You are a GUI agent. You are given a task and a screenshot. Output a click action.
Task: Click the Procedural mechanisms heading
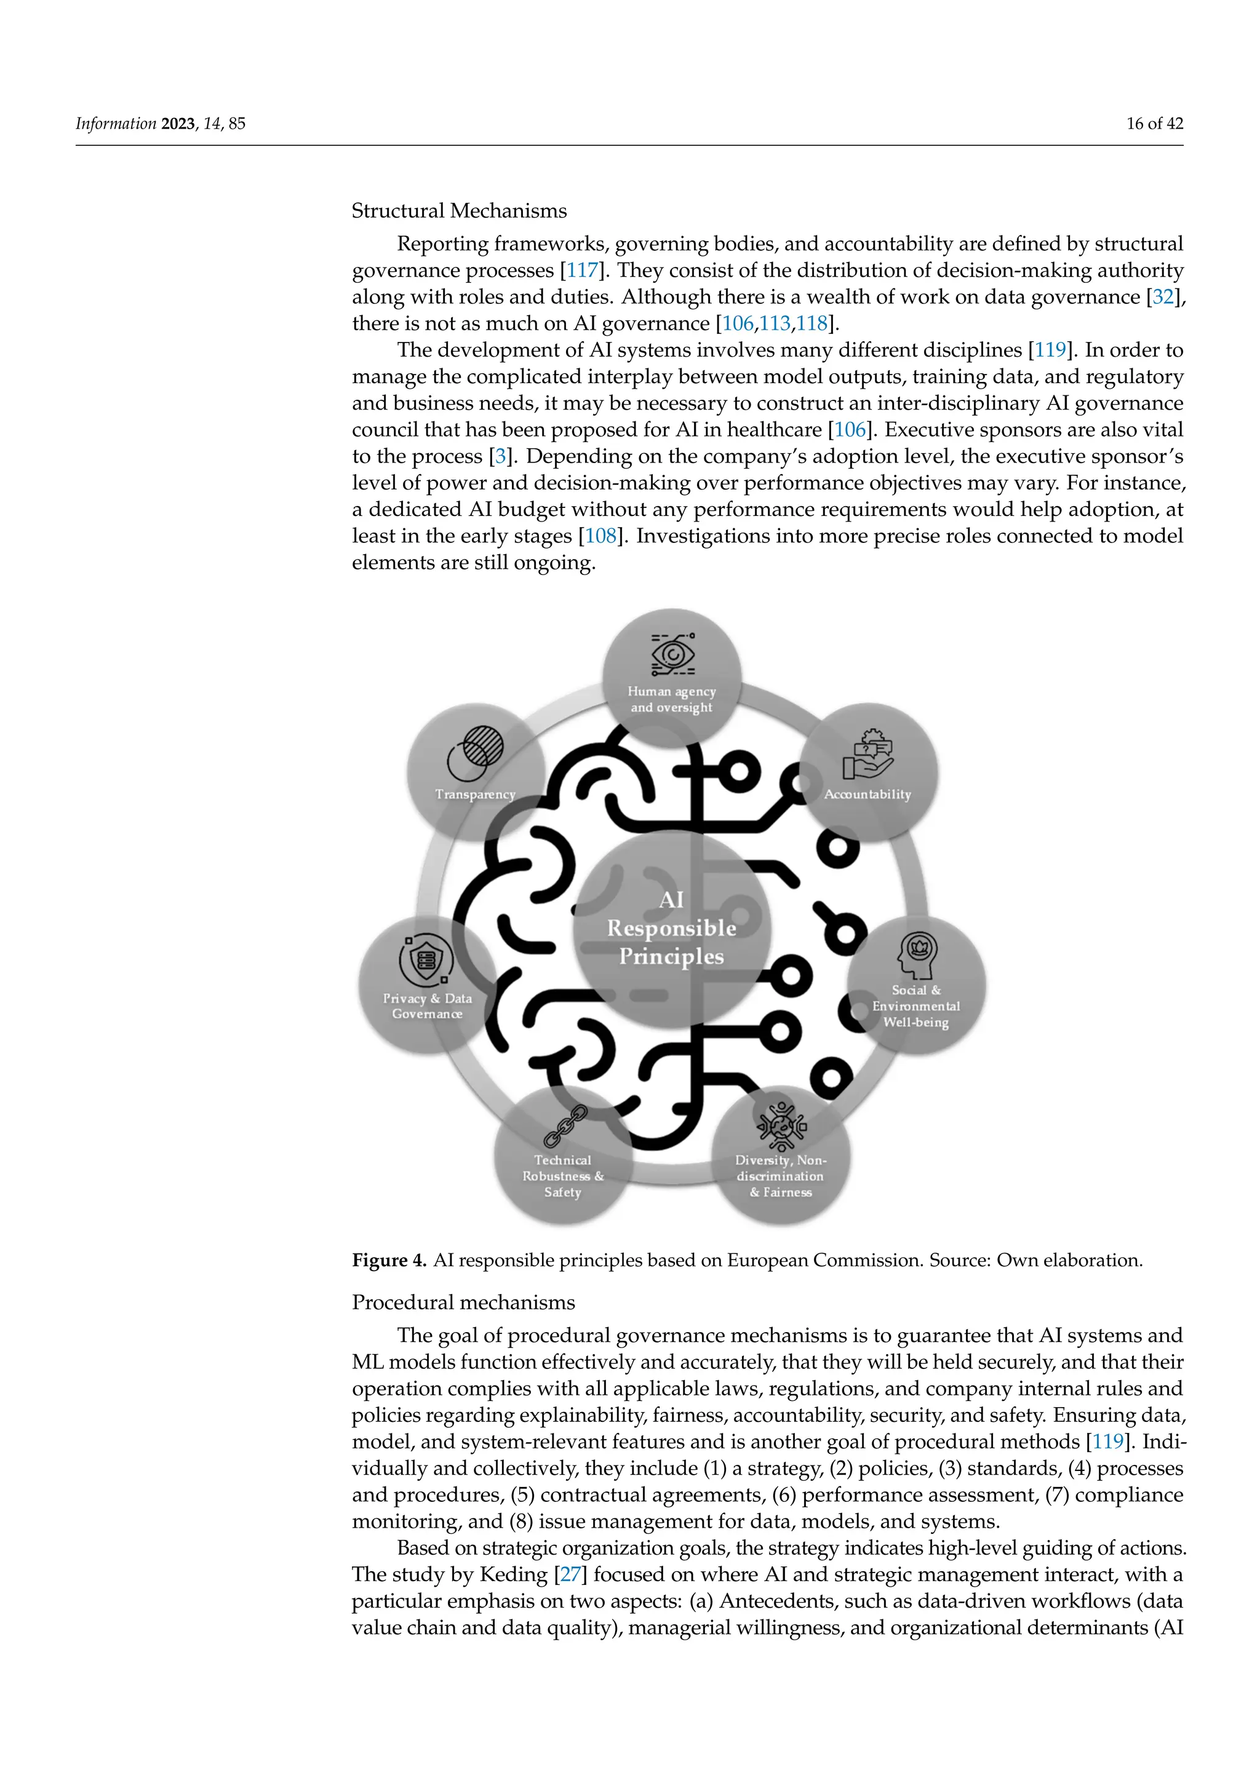(463, 1302)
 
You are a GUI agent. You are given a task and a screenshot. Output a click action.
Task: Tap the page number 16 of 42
(1154, 124)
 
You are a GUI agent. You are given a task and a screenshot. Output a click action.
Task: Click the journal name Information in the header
(116, 124)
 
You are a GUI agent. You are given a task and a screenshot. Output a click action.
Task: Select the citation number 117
(582, 270)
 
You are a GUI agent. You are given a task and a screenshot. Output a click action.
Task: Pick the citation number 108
(600, 536)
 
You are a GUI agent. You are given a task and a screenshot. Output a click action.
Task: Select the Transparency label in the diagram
(475, 795)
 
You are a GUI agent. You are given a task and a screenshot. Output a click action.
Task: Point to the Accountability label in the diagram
(867, 795)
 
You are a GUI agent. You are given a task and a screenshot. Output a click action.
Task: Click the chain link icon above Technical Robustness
(565, 1126)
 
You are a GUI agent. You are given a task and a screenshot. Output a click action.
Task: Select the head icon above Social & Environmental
(917, 954)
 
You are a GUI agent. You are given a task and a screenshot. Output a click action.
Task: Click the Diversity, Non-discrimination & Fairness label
(781, 1176)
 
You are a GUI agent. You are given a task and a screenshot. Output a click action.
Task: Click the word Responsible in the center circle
(671, 928)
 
